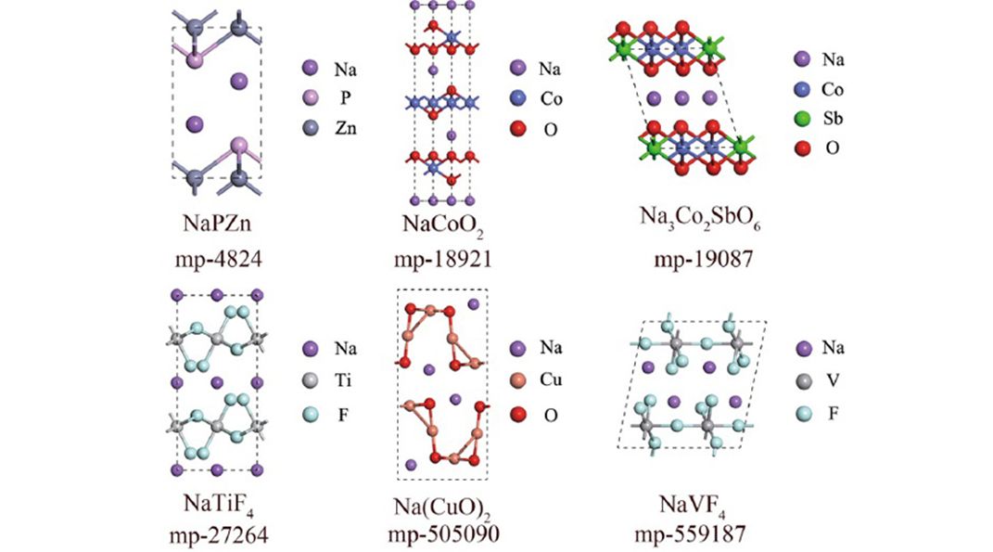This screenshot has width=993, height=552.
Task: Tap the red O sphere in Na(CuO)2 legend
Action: point(518,415)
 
